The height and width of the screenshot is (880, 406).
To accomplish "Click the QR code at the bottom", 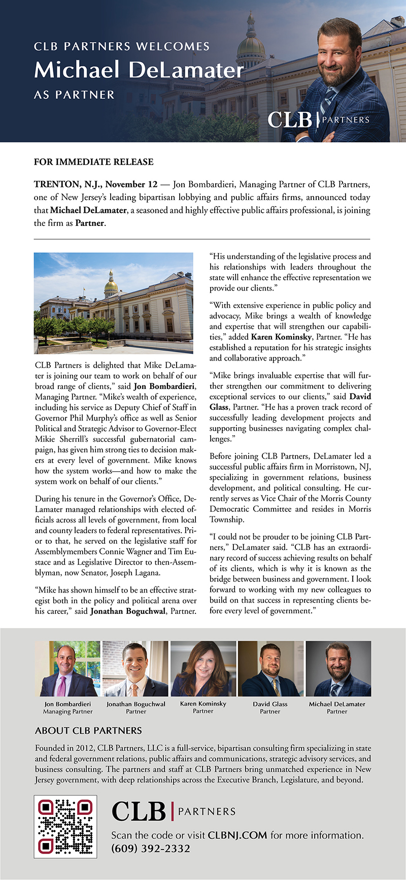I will click(x=65, y=826).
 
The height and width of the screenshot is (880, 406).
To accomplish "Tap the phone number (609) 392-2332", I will click(x=151, y=849).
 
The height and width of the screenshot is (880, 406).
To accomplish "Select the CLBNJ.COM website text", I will click(x=238, y=835).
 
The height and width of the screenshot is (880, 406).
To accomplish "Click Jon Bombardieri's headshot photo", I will click(x=67, y=668).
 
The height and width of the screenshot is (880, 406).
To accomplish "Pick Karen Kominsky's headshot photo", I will click(x=203, y=668).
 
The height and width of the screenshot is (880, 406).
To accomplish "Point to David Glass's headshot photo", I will click(x=270, y=668).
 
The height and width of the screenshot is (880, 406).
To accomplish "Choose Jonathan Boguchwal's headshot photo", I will click(x=136, y=668).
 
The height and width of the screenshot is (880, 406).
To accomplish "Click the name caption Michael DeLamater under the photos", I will click(x=337, y=704).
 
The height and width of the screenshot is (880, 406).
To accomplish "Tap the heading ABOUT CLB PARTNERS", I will click(x=88, y=731).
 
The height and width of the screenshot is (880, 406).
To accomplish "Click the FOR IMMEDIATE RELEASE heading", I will click(x=93, y=162).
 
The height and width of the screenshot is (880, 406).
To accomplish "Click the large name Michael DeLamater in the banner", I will click(x=139, y=70).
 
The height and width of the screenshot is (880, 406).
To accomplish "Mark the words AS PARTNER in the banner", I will click(x=74, y=95).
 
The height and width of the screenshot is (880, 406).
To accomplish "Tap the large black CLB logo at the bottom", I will click(x=139, y=811).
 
